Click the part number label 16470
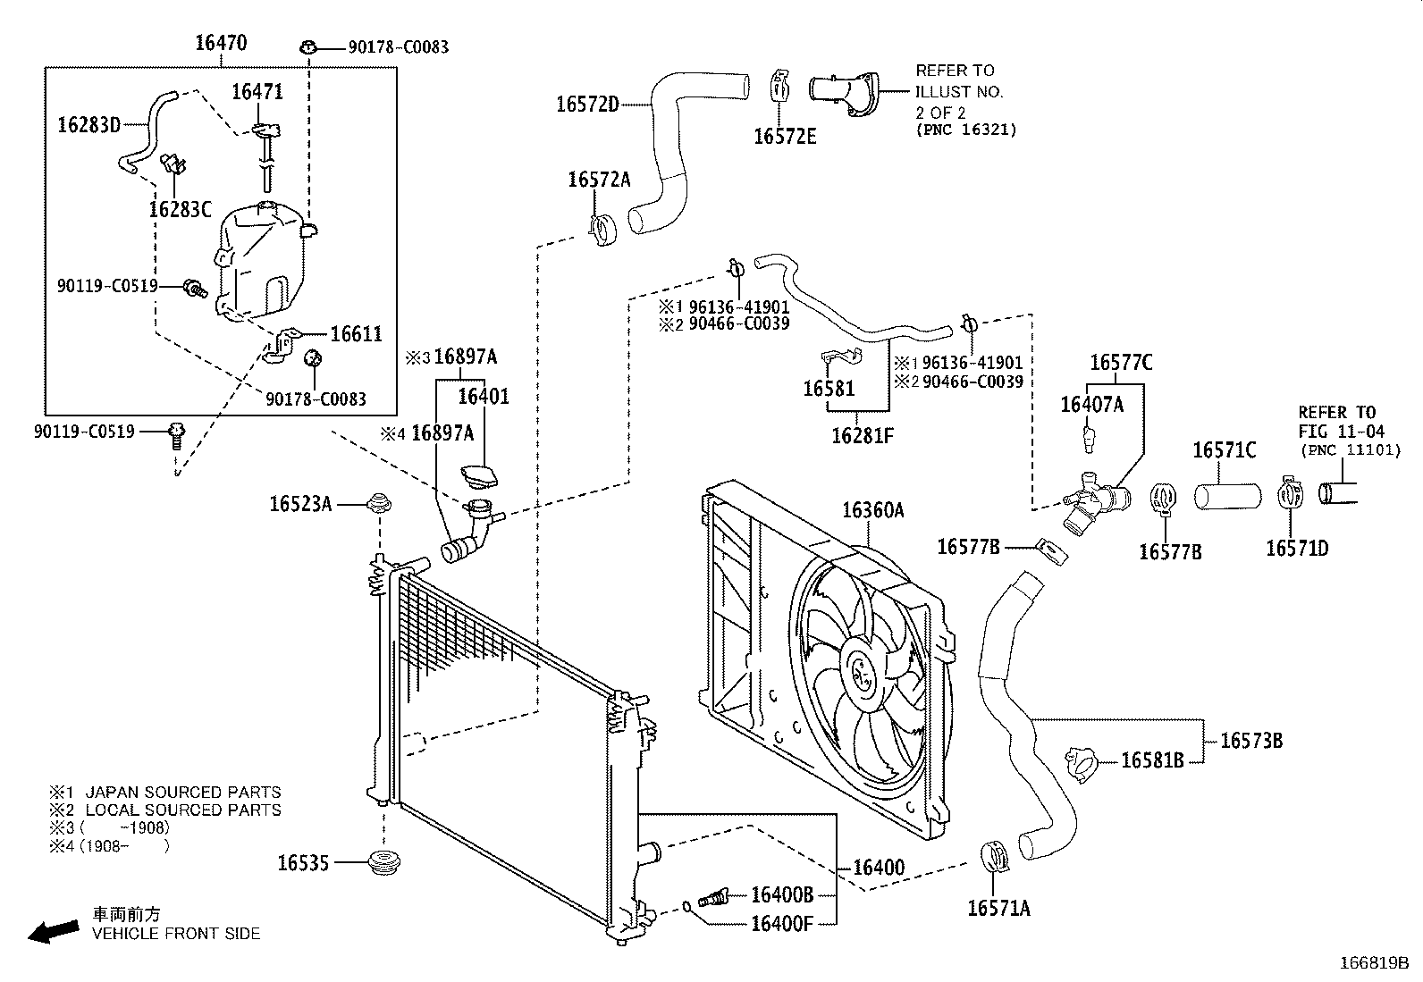(220, 42)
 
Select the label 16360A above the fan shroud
(872, 510)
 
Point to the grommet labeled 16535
(384, 863)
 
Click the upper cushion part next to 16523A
(381, 503)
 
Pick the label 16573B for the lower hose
(1251, 740)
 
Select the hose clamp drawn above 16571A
(995, 856)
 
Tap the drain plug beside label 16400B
(713, 896)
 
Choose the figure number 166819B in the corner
(1373, 964)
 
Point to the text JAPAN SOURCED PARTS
(182, 792)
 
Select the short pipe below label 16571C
(1227, 495)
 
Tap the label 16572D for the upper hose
(586, 105)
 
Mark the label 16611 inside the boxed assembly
(356, 334)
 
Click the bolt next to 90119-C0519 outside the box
(176, 435)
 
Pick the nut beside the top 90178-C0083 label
(307, 46)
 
